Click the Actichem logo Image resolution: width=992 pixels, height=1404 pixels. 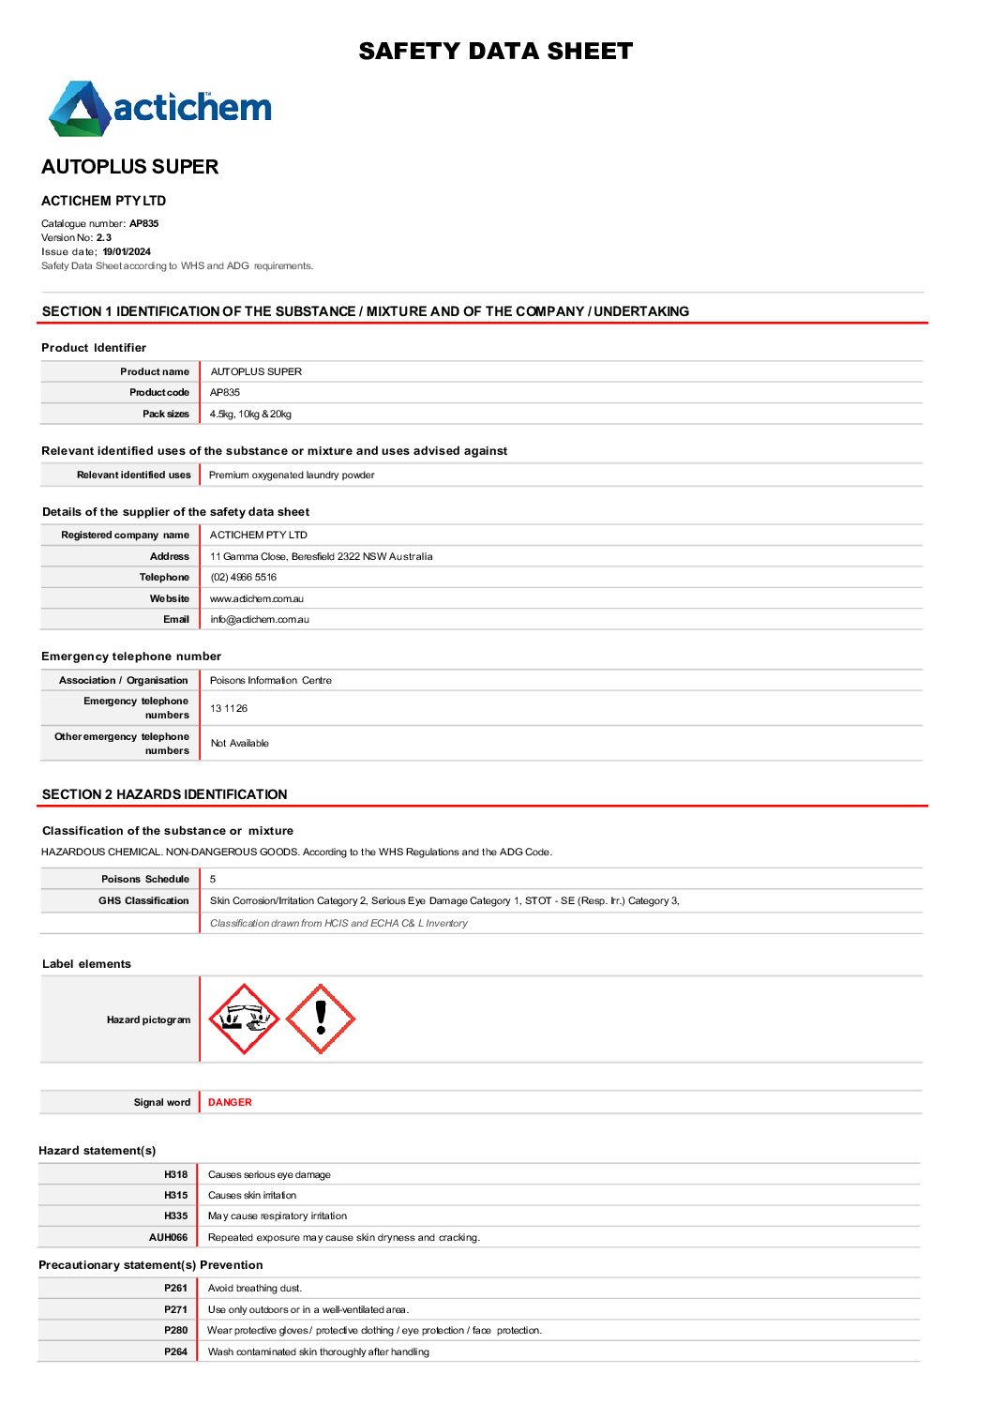coord(160,108)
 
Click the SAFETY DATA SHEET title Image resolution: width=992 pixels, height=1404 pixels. coord(495,52)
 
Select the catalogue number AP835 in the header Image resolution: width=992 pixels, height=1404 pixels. coord(144,224)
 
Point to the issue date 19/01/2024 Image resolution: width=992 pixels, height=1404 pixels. coord(127,252)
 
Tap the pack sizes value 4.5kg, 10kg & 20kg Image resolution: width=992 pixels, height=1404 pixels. coord(250,415)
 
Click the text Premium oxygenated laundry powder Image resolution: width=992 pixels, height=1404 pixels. coord(292,476)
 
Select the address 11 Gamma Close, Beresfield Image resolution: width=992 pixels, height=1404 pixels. coord(321,557)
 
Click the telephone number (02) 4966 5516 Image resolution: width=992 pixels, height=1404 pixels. coord(243,578)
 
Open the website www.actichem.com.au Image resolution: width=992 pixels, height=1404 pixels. coord(256,599)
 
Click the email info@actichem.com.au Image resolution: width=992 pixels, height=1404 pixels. coord(259,620)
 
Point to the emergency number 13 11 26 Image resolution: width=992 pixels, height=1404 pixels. coord(229,709)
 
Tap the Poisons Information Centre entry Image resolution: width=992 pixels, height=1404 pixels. coord(270,681)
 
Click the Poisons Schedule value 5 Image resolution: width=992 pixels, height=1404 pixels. coord(213,880)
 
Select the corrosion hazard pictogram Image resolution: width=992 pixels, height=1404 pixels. coord(244,1019)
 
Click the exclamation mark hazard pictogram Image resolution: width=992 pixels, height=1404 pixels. coord(321,1019)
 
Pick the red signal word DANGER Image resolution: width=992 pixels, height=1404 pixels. coord(230,1103)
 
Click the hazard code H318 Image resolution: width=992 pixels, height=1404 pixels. coord(175,1175)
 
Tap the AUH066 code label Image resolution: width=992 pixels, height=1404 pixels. coord(168,1238)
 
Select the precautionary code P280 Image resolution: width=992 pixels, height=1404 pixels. coord(175,1331)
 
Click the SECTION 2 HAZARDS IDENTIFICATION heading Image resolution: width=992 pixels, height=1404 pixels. coord(165,794)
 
